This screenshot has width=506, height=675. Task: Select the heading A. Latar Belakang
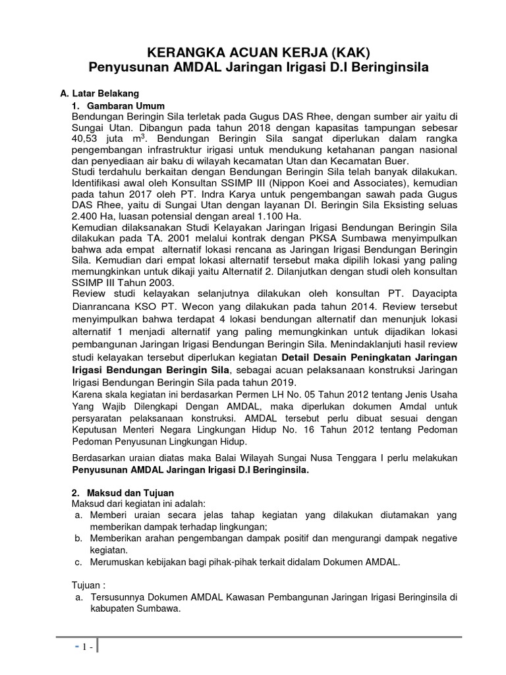click(99, 94)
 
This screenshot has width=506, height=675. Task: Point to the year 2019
click(283, 383)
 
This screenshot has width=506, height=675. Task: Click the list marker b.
click(77, 539)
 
